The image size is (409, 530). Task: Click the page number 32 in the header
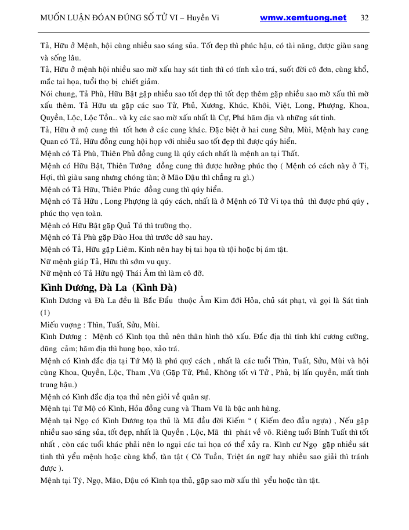364,17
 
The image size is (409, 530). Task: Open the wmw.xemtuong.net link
303,17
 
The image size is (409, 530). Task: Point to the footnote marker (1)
46,312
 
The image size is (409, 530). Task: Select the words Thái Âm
153,273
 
